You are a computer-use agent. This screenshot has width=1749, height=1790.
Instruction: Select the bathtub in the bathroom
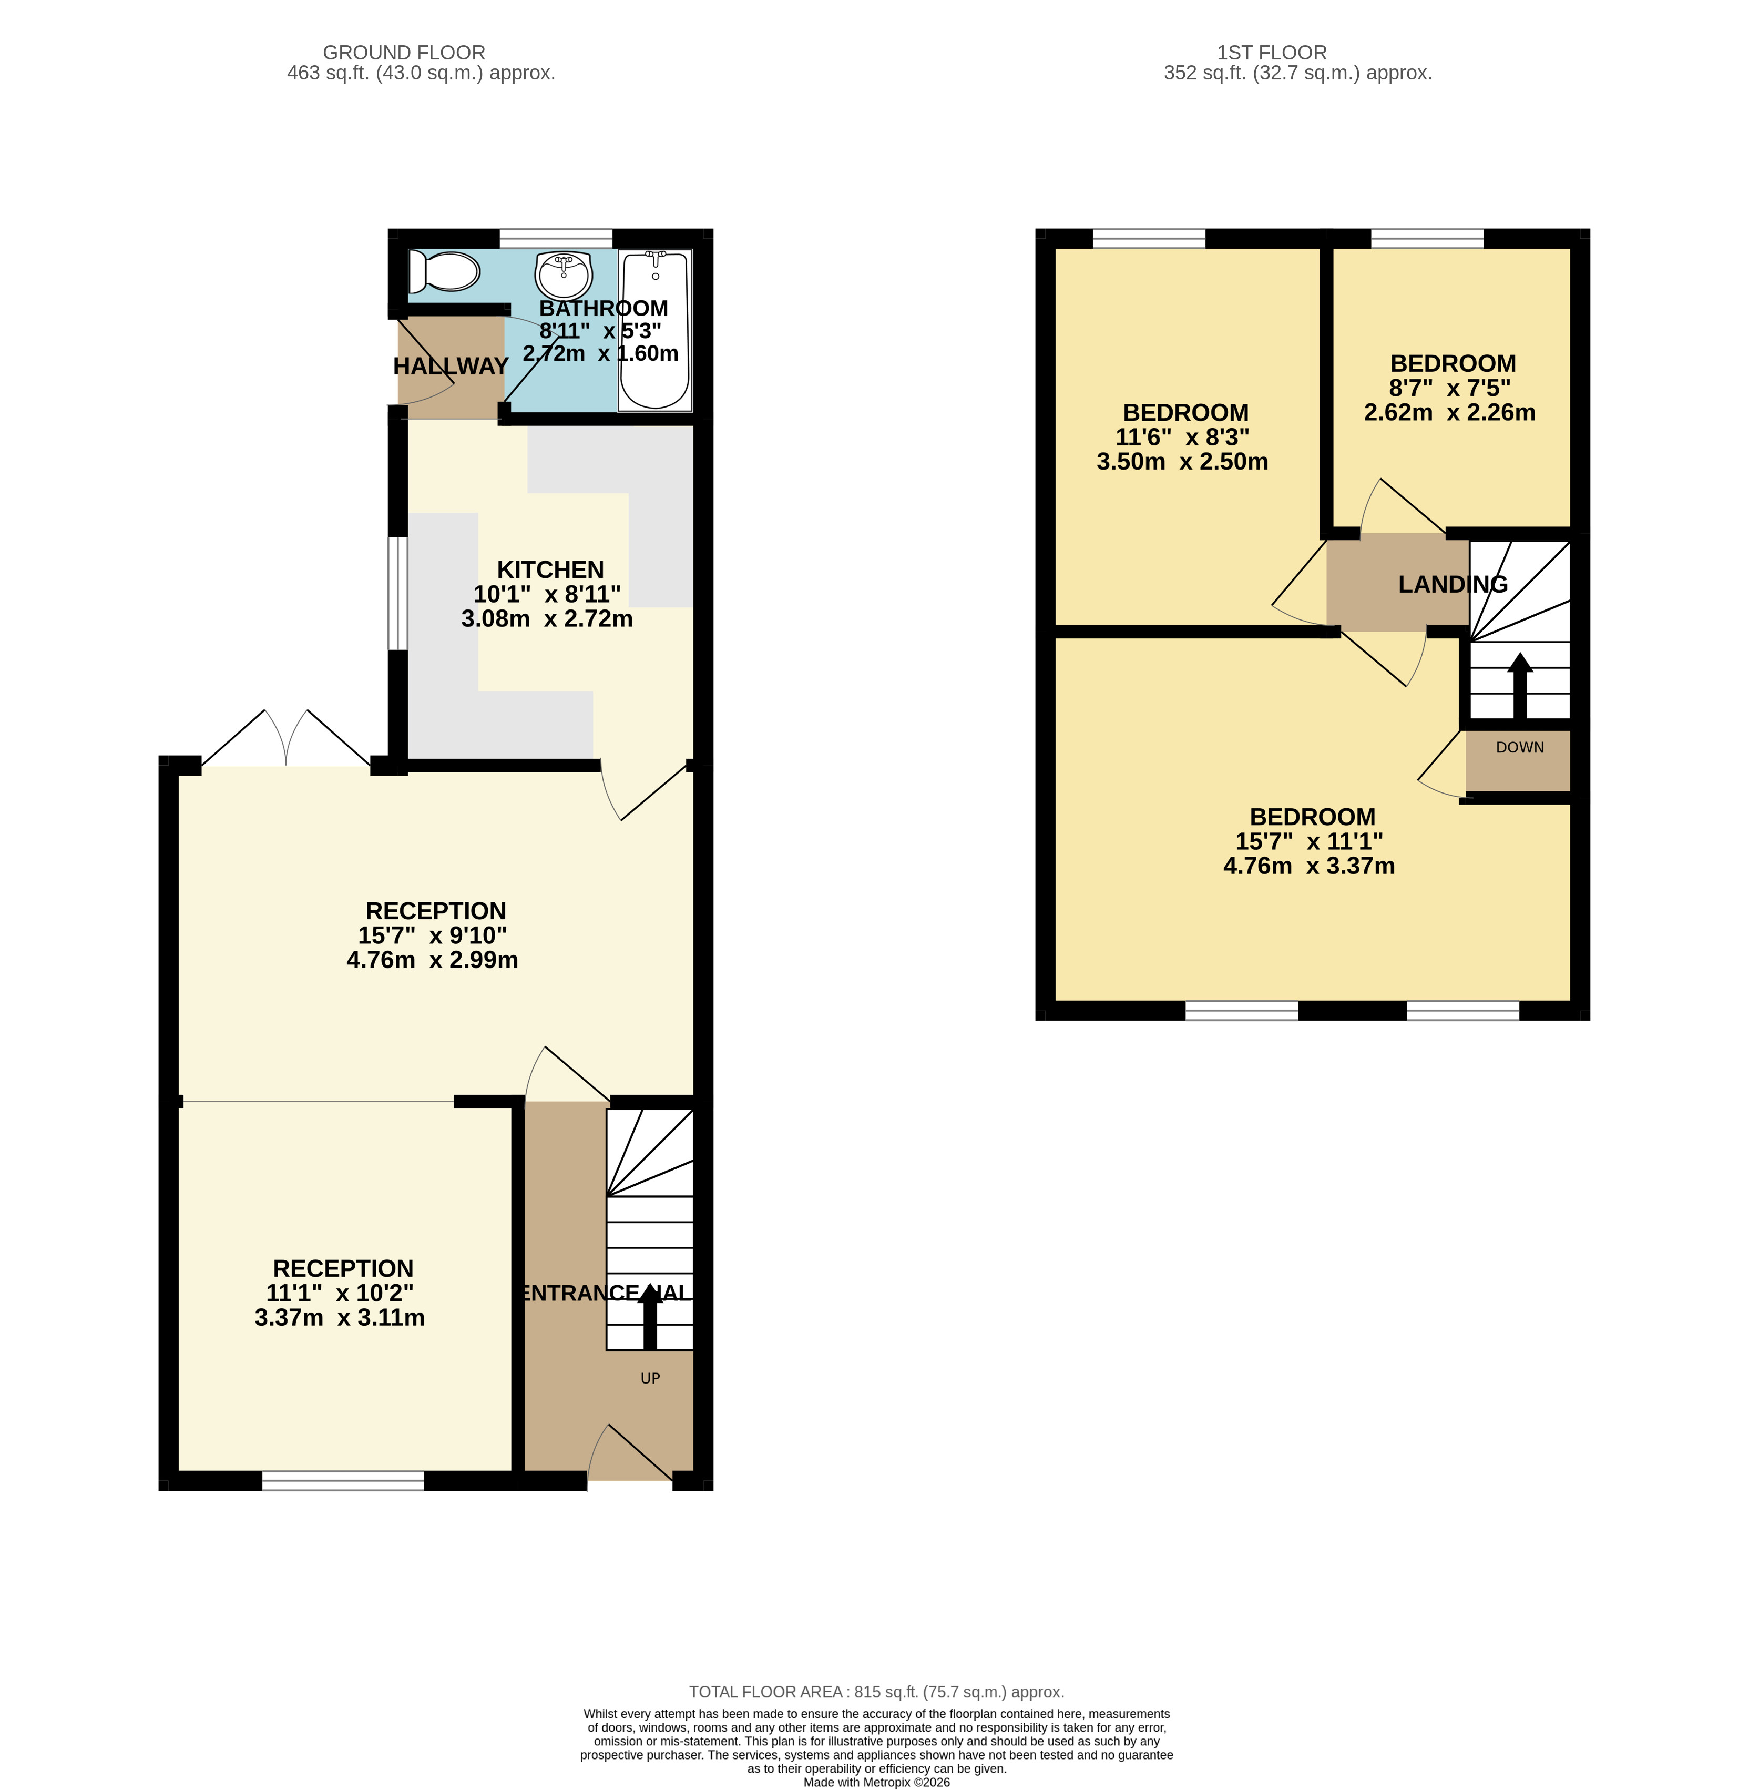[x=655, y=330]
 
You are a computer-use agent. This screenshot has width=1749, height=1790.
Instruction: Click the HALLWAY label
[x=451, y=365]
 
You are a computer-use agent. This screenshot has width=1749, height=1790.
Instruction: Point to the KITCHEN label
[x=550, y=569]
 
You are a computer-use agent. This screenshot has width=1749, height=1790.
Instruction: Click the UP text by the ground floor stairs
[x=650, y=1378]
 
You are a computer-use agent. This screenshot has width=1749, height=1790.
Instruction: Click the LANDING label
[x=1453, y=584]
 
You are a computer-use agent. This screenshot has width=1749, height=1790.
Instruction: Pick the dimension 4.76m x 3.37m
[x=1309, y=866]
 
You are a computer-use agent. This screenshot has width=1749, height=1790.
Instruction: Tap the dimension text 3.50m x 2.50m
[x=1182, y=461]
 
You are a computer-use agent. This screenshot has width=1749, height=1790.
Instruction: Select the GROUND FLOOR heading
[x=404, y=53]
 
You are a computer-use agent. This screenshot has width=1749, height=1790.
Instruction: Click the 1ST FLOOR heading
[x=1272, y=53]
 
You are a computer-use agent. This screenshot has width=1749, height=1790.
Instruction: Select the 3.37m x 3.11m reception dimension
[x=340, y=1318]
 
